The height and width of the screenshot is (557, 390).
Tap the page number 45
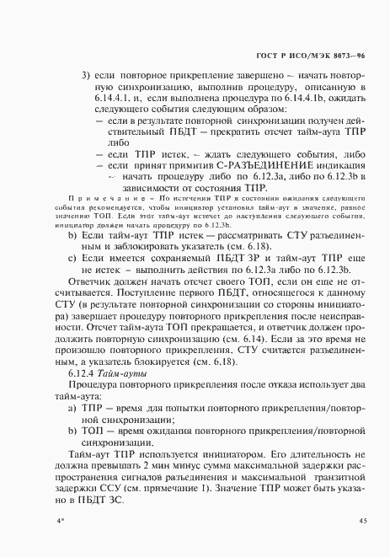coord(362,522)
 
